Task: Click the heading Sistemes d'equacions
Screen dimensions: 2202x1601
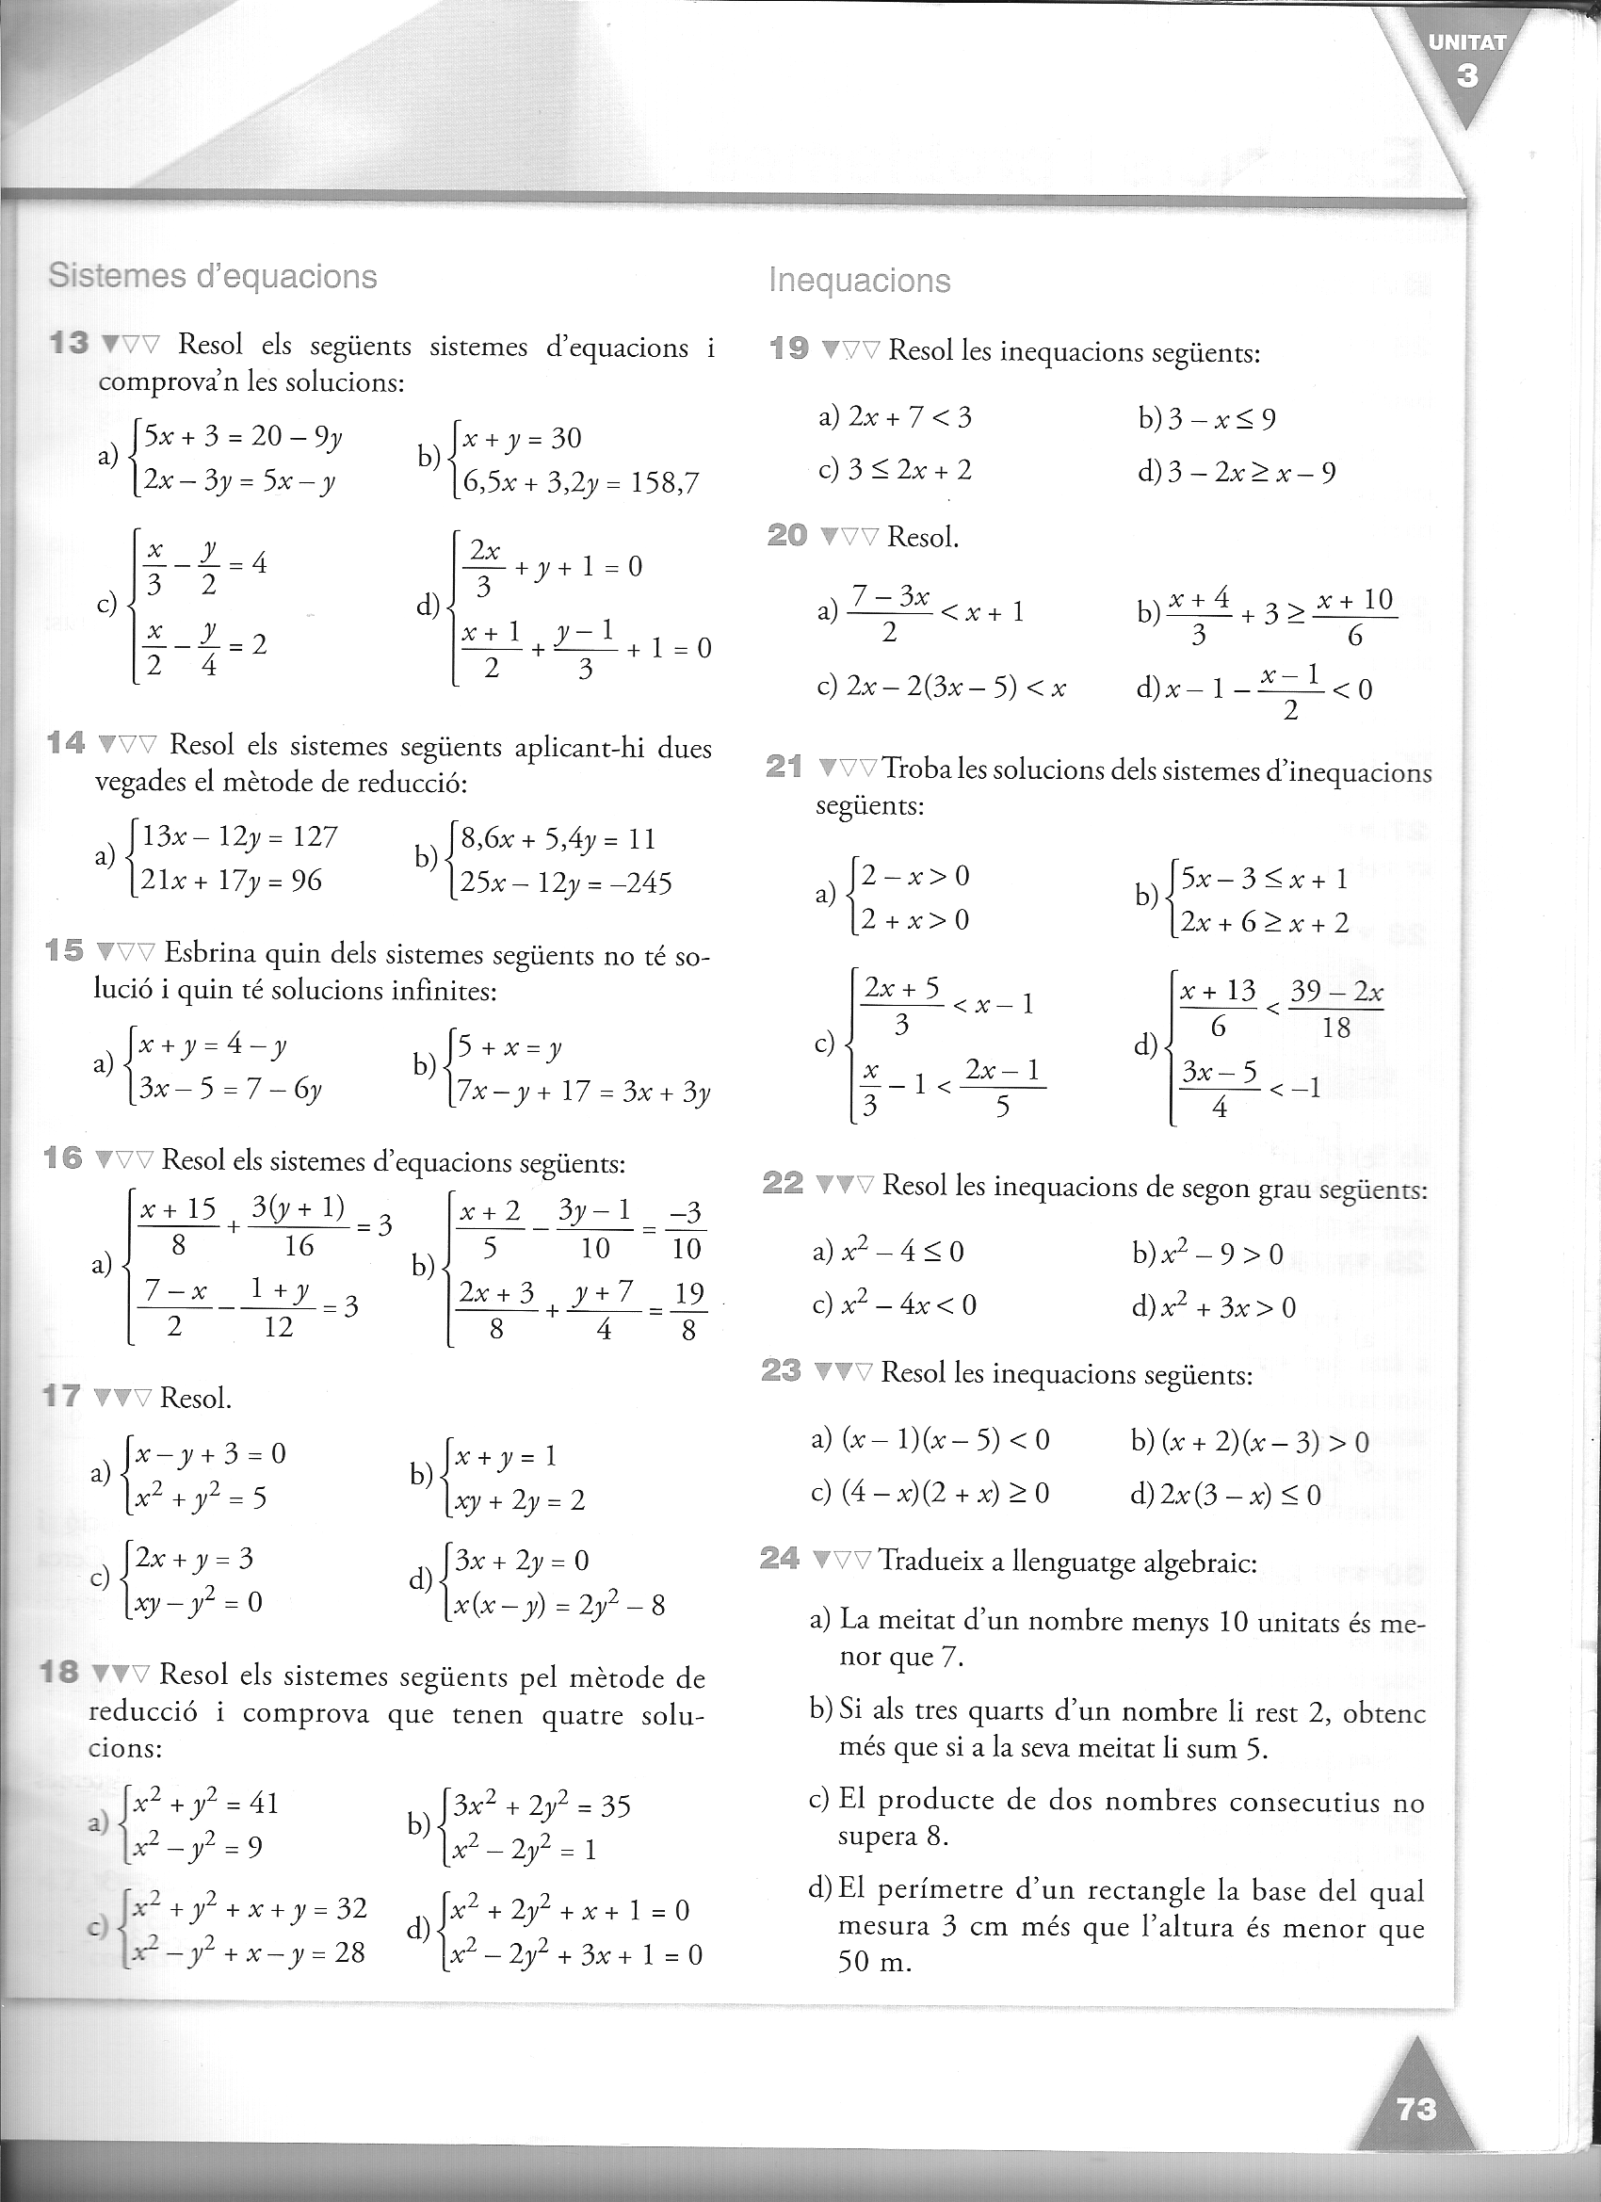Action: click(213, 277)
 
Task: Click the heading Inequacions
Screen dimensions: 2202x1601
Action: click(859, 281)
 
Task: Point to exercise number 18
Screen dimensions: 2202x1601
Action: click(59, 1672)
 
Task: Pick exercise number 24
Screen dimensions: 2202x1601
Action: click(780, 1561)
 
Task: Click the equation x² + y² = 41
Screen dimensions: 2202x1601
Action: click(207, 1803)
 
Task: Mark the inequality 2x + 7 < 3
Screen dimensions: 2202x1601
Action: click(909, 417)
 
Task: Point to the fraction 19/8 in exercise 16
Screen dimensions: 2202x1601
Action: click(687, 1311)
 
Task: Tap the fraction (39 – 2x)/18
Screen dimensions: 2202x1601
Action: click(1336, 1010)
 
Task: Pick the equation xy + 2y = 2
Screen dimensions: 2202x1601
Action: click(520, 1501)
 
